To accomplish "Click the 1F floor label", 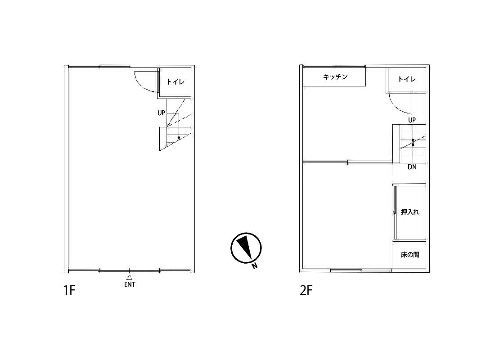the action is [x=69, y=290].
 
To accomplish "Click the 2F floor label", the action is [x=306, y=290].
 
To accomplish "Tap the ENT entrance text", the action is [x=130, y=284].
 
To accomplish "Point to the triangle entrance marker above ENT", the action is [x=129, y=278].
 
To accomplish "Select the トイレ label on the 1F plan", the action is [x=175, y=82].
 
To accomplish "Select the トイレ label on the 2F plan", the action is [x=407, y=79].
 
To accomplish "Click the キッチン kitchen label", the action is [x=335, y=77].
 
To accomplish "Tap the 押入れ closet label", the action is [x=410, y=212].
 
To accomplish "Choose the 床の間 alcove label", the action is [x=410, y=255].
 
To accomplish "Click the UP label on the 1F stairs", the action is [x=161, y=113].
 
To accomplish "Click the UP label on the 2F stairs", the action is [x=412, y=120].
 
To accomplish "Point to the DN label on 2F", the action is [x=412, y=167].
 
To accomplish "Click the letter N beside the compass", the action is [x=255, y=266].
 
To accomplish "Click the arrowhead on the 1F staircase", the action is [x=179, y=138].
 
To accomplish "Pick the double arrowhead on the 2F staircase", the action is [x=413, y=142].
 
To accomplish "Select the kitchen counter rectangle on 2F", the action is [x=334, y=77].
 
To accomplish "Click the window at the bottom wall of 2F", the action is [x=361, y=270].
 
